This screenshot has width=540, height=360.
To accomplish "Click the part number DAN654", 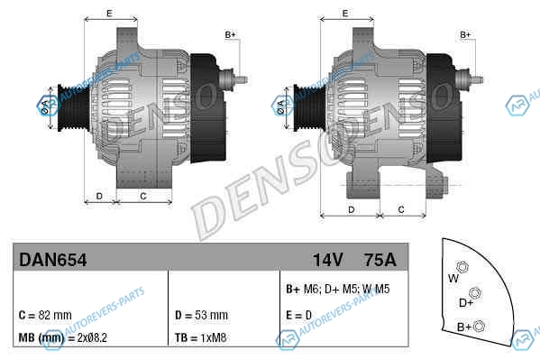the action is click(x=53, y=260).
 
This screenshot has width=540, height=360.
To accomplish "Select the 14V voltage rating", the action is click(x=328, y=260).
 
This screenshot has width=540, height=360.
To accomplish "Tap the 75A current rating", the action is click(x=380, y=260).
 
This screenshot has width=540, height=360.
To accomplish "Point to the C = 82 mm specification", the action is click(x=45, y=315).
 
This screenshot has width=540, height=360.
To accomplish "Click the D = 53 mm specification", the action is click(x=201, y=315).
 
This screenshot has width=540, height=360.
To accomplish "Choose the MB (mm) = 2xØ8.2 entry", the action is click(x=63, y=337).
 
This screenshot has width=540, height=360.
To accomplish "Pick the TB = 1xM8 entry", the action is click(x=201, y=337).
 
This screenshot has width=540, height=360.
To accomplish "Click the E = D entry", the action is click(x=299, y=315).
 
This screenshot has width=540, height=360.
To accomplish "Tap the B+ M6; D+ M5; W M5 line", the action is click(x=338, y=289).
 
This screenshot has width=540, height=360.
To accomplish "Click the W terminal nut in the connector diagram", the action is click(x=462, y=267).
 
